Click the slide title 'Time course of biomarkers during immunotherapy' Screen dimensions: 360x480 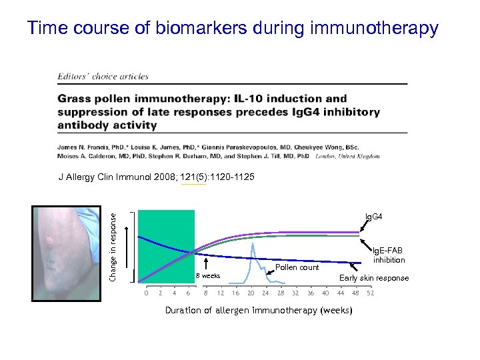coord(233,28)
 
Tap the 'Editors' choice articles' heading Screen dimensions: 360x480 coord(103,77)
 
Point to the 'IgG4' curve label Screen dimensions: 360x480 coord(373,217)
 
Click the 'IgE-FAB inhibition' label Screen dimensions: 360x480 coord(389,255)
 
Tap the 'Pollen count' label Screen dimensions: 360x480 coord(297,267)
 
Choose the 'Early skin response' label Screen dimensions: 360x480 coord(374,278)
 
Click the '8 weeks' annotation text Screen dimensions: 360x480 coord(207,275)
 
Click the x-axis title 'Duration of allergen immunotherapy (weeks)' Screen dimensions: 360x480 coord(258,311)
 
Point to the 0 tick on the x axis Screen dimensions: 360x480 coord(147,293)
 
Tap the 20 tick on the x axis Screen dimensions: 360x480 coord(251,293)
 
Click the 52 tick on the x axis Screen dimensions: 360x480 coord(371,293)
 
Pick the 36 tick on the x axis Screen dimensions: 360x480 coord(311,293)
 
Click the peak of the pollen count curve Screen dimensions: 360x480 coord(253,243)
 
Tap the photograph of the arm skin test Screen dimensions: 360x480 coord(67,253)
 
